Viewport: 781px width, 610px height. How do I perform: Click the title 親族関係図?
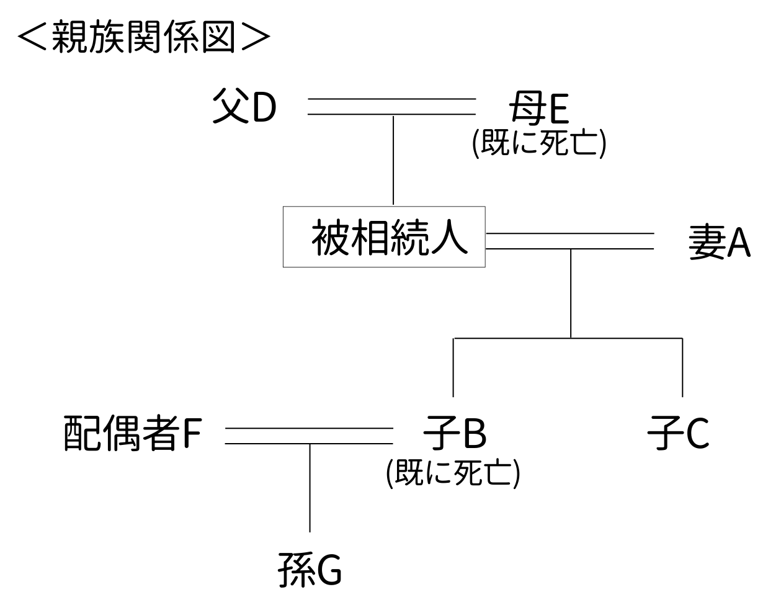pos(144,37)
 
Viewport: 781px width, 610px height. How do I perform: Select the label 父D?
pos(244,106)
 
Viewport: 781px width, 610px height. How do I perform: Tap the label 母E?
pos(538,107)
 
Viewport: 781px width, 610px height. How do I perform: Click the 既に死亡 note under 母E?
pos(538,143)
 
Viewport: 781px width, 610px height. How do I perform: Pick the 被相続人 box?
pos(384,237)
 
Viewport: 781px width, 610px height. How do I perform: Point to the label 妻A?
pos(719,241)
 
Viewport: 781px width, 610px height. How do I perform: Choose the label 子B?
pos(455,433)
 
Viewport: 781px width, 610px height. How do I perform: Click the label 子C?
pos(678,433)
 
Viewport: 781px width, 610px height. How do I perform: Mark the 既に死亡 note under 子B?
pos(453,473)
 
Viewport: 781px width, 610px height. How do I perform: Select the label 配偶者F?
pos(133,433)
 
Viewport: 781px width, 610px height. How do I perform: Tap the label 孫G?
pos(310,570)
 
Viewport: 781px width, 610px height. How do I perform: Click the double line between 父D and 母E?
pos(392,106)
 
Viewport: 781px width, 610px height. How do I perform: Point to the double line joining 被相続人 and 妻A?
pos(569,241)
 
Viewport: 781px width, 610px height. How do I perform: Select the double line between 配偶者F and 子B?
pos(309,436)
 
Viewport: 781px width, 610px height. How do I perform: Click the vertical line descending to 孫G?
pos(310,488)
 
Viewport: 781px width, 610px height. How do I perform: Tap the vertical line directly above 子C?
pos(682,367)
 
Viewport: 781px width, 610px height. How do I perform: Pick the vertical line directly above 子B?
pos(453,367)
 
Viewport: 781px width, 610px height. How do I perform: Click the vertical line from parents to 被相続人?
pos(393,160)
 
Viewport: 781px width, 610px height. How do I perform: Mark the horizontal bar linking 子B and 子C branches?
pos(568,338)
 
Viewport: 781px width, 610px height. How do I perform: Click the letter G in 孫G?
pos(329,570)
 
